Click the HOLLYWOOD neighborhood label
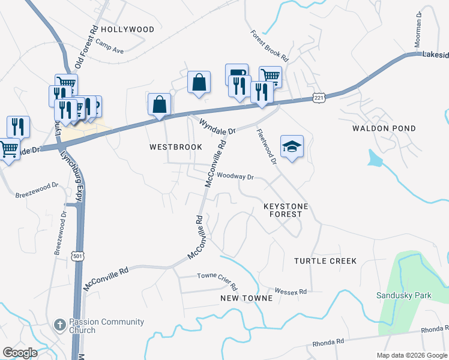pyautogui.click(x=127, y=29)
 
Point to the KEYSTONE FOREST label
pyautogui.click(x=286, y=210)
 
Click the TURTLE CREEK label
pyautogui.click(x=325, y=261)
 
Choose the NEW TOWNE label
pyautogui.click(x=247, y=298)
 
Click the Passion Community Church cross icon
pyautogui.click(x=59, y=325)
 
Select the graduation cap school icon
pyautogui.click(x=292, y=146)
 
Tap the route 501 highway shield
pyautogui.click(x=77, y=256)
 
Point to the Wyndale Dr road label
pyautogui.click(x=218, y=126)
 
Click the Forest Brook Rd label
pyautogui.click(x=270, y=47)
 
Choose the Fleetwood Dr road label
pyautogui.click(x=266, y=147)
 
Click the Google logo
pyautogui.click(x=20, y=353)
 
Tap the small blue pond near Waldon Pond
pyautogui.click(x=375, y=158)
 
